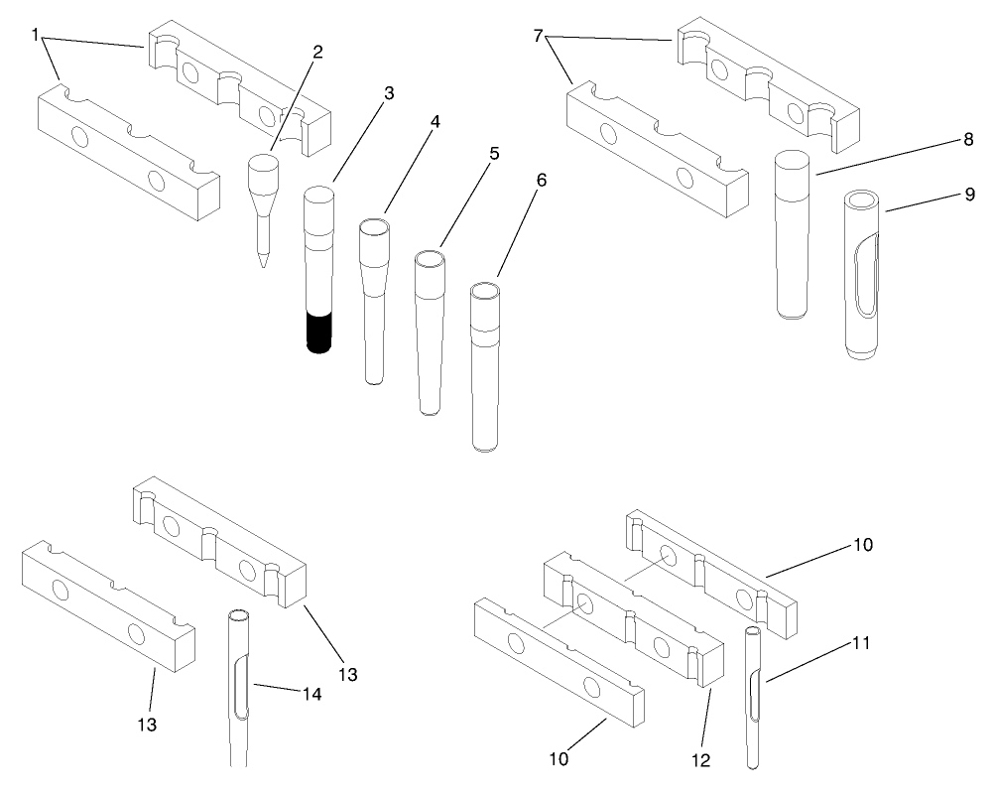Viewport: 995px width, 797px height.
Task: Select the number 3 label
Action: click(x=389, y=92)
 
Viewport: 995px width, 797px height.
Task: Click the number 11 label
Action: click(x=861, y=642)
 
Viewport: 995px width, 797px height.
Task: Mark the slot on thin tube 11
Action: click(x=754, y=692)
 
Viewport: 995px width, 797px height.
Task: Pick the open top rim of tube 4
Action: click(x=374, y=226)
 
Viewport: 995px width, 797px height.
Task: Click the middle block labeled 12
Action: click(x=635, y=625)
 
